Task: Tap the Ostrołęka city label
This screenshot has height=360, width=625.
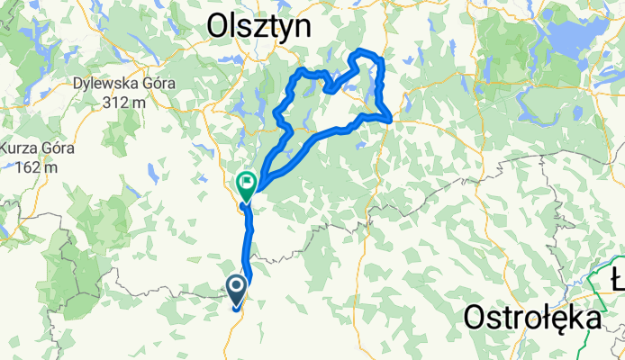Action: [533, 318]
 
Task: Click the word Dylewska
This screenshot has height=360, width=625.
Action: [107, 86]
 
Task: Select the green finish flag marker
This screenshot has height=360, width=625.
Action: [246, 184]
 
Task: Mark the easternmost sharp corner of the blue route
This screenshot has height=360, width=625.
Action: [391, 119]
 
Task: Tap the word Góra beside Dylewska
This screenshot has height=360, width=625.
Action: [156, 86]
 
